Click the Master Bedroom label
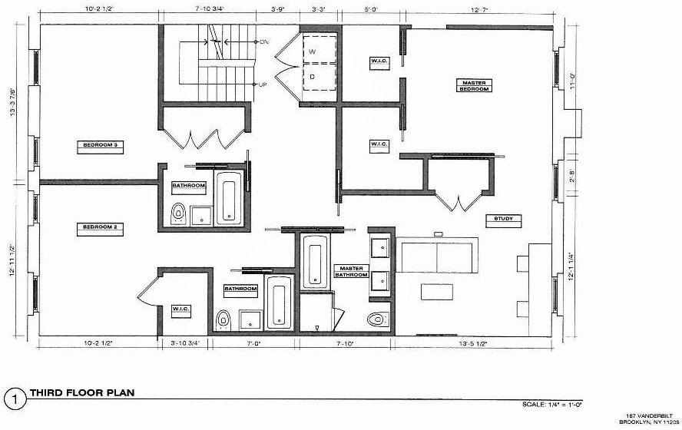(474, 85)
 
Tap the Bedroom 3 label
(104, 144)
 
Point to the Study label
(504, 220)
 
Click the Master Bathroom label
(350, 271)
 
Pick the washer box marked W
(313, 52)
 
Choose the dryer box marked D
(313, 76)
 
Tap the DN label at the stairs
(265, 41)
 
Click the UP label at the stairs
(263, 84)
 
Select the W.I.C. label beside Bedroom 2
(181, 309)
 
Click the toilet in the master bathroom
(377, 319)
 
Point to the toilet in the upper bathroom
(178, 213)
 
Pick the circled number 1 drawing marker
(12, 398)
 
